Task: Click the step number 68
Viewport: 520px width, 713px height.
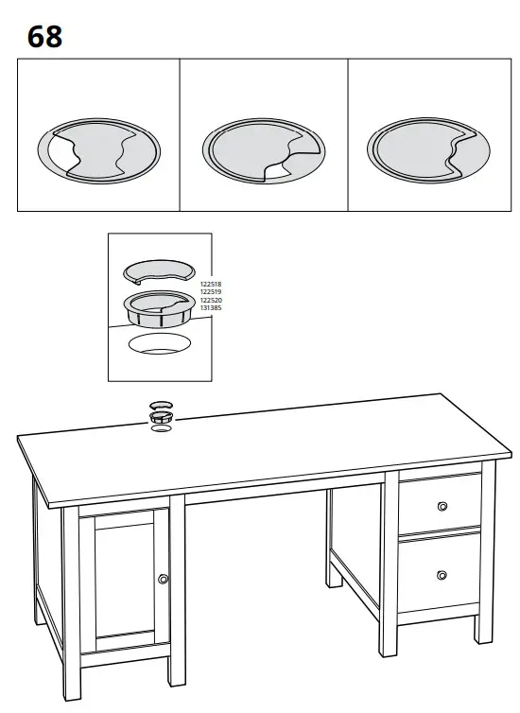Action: click(44, 37)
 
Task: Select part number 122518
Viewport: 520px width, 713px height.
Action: click(210, 284)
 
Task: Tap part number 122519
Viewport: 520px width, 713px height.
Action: click(210, 291)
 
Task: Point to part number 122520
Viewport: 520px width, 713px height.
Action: click(210, 299)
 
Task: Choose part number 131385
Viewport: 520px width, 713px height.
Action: click(210, 307)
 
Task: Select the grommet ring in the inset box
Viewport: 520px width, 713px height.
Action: click(159, 307)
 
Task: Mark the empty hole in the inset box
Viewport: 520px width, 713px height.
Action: click(159, 343)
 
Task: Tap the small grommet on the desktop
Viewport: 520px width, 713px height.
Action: click(162, 413)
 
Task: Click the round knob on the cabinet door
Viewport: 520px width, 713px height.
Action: click(164, 578)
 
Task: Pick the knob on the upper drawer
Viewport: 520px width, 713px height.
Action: click(442, 507)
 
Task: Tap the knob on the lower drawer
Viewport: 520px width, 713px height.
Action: click(442, 573)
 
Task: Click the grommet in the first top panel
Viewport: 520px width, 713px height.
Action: click(97, 150)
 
